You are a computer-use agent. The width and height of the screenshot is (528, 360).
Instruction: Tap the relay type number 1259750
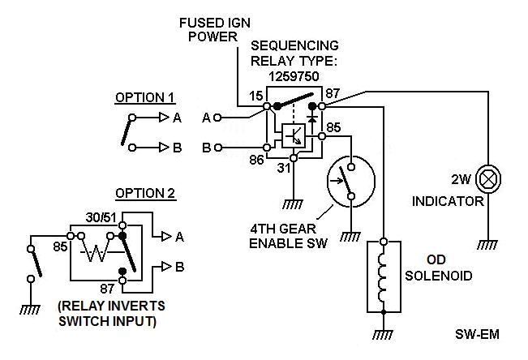tap(294, 74)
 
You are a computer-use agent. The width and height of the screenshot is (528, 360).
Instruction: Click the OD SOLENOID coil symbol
tap(384, 276)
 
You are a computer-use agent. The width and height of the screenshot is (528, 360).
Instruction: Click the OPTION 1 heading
tap(144, 97)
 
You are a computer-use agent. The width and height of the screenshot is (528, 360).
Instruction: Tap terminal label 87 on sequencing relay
tap(331, 95)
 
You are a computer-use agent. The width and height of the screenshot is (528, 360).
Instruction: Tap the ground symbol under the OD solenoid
tap(384, 334)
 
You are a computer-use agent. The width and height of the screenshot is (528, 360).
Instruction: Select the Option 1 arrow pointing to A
tap(162, 118)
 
